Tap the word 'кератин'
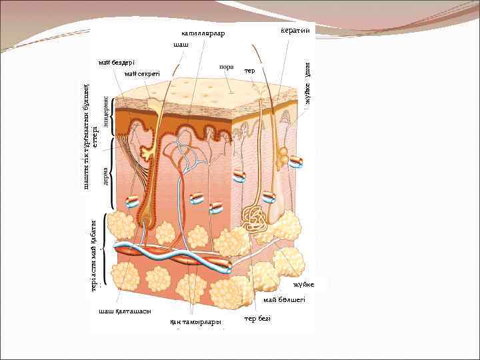tap(295, 31)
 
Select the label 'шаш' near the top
tap(180, 44)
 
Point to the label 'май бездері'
tap(116, 63)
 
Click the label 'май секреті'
tap(142, 73)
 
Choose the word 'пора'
tap(225, 67)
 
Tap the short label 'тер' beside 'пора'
tap(250, 71)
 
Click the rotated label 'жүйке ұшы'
tap(308, 82)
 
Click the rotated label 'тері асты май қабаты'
tap(94, 256)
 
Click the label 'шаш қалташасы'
tap(125, 311)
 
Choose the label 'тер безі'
tap(257, 319)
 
